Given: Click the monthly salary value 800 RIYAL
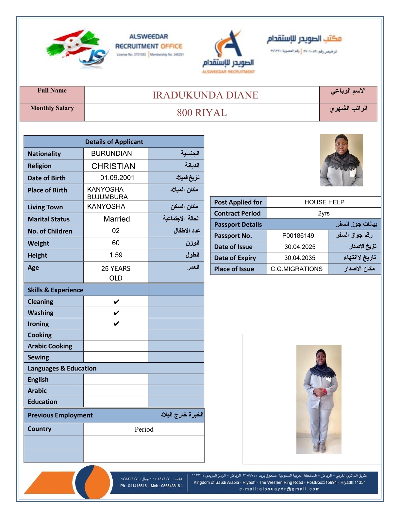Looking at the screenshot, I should pyautogui.click(x=202, y=113).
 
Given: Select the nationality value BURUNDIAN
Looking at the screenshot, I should pyautogui.click(x=111, y=154).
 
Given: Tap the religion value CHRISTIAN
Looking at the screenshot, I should pyautogui.click(x=113, y=166).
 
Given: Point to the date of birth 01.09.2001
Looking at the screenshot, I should pyautogui.click(x=117, y=178).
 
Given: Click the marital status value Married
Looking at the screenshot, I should pyautogui.click(x=117, y=219).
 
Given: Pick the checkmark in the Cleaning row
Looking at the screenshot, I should pyautogui.click(x=116, y=302).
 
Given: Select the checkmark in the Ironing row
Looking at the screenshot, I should pyautogui.click(x=116, y=324).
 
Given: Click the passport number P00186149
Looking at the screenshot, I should pyautogui.click(x=298, y=236).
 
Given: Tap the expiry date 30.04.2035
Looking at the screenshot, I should pyautogui.click(x=300, y=258).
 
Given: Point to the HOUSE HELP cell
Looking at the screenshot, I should pyautogui.click(x=324, y=202).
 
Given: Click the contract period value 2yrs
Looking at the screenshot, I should pyautogui.click(x=324, y=214).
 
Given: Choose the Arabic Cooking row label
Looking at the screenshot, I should pyautogui.click(x=50, y=346).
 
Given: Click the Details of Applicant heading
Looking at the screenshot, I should pyautogui.click(x=114, y=142).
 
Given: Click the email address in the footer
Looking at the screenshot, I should pyautogui.click(x=279, y=489).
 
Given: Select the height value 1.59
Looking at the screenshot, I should pyautogui.click(x=116, y=255).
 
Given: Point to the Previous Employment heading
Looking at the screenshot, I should pyautogui.click(x=60, y=415).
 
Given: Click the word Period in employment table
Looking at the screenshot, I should pyautogui.click(x=144, y=429).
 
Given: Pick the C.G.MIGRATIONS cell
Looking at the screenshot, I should pyautogui.click(x=296, y=269).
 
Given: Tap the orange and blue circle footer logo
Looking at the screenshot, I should pyautogui.click(x=92, y=482).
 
